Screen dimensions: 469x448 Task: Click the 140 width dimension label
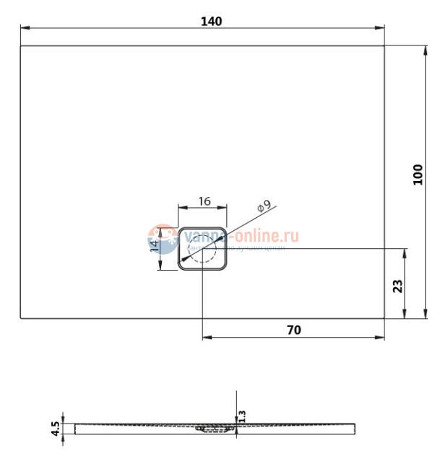[x=211, y=21]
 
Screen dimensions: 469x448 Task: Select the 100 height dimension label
[x=418, y=175]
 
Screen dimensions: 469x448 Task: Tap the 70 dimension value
[x=293, y=330]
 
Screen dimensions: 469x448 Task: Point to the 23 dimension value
[x=397, y=285]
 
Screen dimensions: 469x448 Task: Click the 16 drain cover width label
[x=204, y=201]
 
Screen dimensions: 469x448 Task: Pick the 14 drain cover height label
[x=154, y=247]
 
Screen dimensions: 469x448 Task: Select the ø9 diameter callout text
[x=264, y=207]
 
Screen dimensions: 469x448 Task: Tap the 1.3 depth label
[x=242, y=416]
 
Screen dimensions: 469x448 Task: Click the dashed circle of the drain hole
[x=203, y=250]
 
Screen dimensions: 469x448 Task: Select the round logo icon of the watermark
[x=163, y=239]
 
